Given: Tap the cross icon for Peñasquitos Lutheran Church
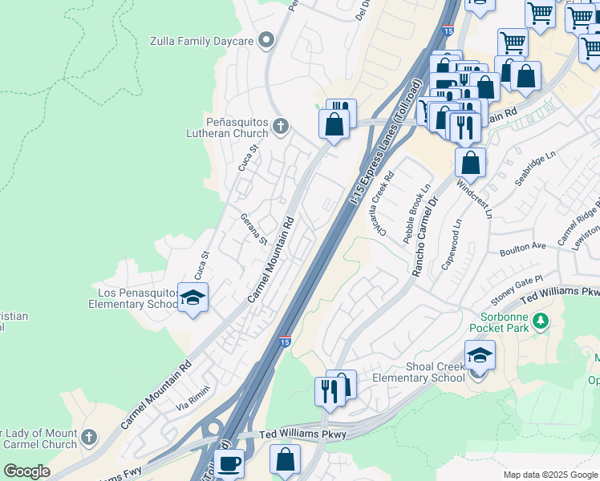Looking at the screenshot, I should coord(280,126).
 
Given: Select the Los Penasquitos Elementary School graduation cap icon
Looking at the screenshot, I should coord(193,298).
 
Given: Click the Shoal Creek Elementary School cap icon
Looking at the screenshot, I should coord(480,355).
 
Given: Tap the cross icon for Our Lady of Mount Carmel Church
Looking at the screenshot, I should coord(89,438).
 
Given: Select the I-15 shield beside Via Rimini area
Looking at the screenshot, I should coord(285,342).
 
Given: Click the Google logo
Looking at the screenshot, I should coord(26,471).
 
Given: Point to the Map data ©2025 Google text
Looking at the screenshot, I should coord(550,475).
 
